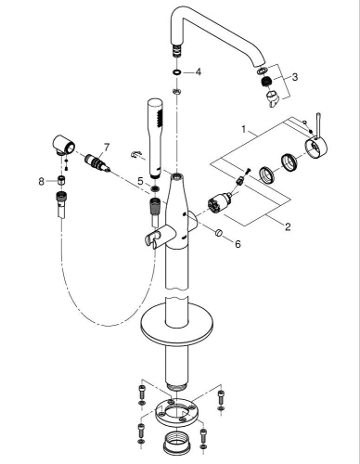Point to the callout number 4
coord(197,71)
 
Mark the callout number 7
coord(107,146)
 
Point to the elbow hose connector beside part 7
coord(64,148)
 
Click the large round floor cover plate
coord(178,327)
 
